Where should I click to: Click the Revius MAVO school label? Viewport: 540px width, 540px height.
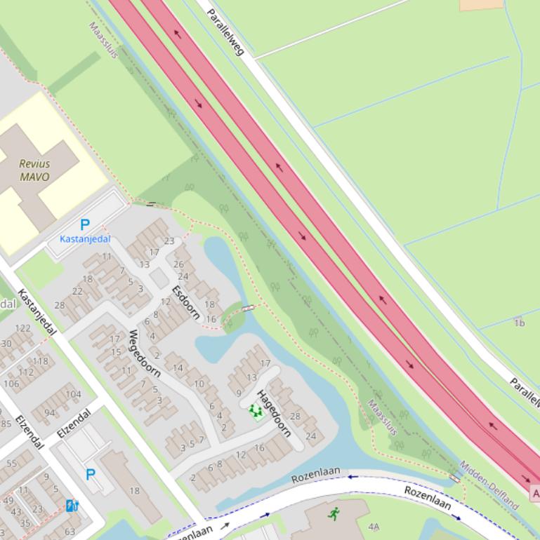pos(34,170)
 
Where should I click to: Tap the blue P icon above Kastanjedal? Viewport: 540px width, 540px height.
pos(85,225)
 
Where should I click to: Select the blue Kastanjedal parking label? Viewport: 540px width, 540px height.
pos(85,239)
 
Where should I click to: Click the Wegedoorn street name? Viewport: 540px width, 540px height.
pos(145,353)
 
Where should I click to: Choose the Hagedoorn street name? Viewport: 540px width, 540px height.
pos(273,413)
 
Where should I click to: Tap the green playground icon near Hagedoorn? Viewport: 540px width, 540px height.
pos(254,411)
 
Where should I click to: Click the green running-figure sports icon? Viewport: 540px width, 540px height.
pos(333,514)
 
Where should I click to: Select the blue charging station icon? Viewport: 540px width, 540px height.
pos(72,506)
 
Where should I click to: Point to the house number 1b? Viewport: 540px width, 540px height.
pos(519,323)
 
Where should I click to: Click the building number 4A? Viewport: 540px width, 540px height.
pos(374,527)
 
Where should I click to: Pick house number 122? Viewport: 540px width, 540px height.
pos(22,328)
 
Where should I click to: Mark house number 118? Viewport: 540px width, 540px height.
pos(41,361)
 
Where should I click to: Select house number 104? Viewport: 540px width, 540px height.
pos(73,394)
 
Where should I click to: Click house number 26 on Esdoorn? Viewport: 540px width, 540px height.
pos(178,264)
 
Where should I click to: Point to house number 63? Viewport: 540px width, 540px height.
pos(70,532)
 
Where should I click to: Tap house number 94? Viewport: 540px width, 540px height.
pos(49,413)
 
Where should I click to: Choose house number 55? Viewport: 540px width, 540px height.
pos(12,464)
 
